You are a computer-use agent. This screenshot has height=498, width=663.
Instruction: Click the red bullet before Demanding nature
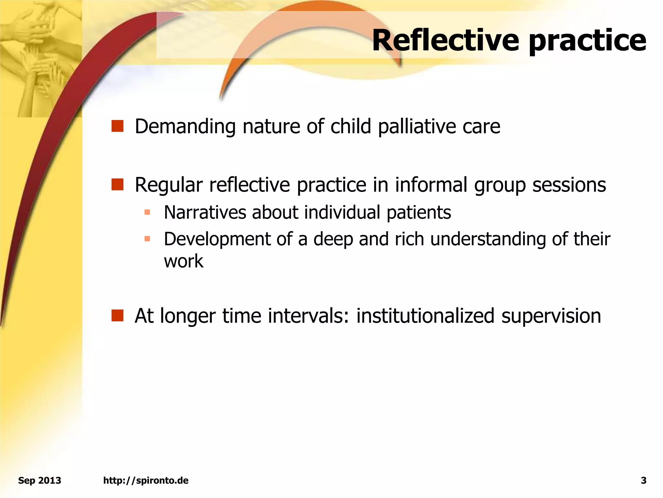pos(117,126)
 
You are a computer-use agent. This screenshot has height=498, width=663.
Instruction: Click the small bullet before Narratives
pos(147,212)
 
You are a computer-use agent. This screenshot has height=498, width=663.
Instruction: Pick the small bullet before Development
pos(147,239)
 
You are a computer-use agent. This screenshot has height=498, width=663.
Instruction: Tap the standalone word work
pos(184,261)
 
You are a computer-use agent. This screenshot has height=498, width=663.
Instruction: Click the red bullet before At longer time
pos(117,315)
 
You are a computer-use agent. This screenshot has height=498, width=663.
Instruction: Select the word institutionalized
pos(425,316)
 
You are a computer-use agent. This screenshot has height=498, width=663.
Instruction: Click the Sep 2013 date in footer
pos(39,480)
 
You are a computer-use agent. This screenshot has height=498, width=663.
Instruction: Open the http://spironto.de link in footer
pos(146,480)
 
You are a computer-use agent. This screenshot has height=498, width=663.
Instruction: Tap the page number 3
pos(644,480)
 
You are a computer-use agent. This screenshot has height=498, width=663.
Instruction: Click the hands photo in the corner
pos(39,58)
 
